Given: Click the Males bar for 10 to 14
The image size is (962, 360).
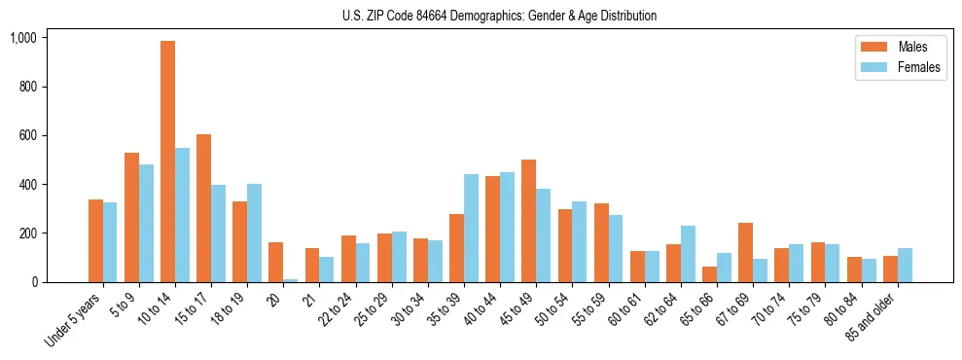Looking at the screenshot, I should [x=168, y=162].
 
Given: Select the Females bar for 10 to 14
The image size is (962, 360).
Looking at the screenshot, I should [x=182, y=215].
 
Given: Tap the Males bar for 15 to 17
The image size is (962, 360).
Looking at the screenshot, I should [x=204, y=208].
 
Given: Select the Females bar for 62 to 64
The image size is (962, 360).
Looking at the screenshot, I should [x=688, y=254].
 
